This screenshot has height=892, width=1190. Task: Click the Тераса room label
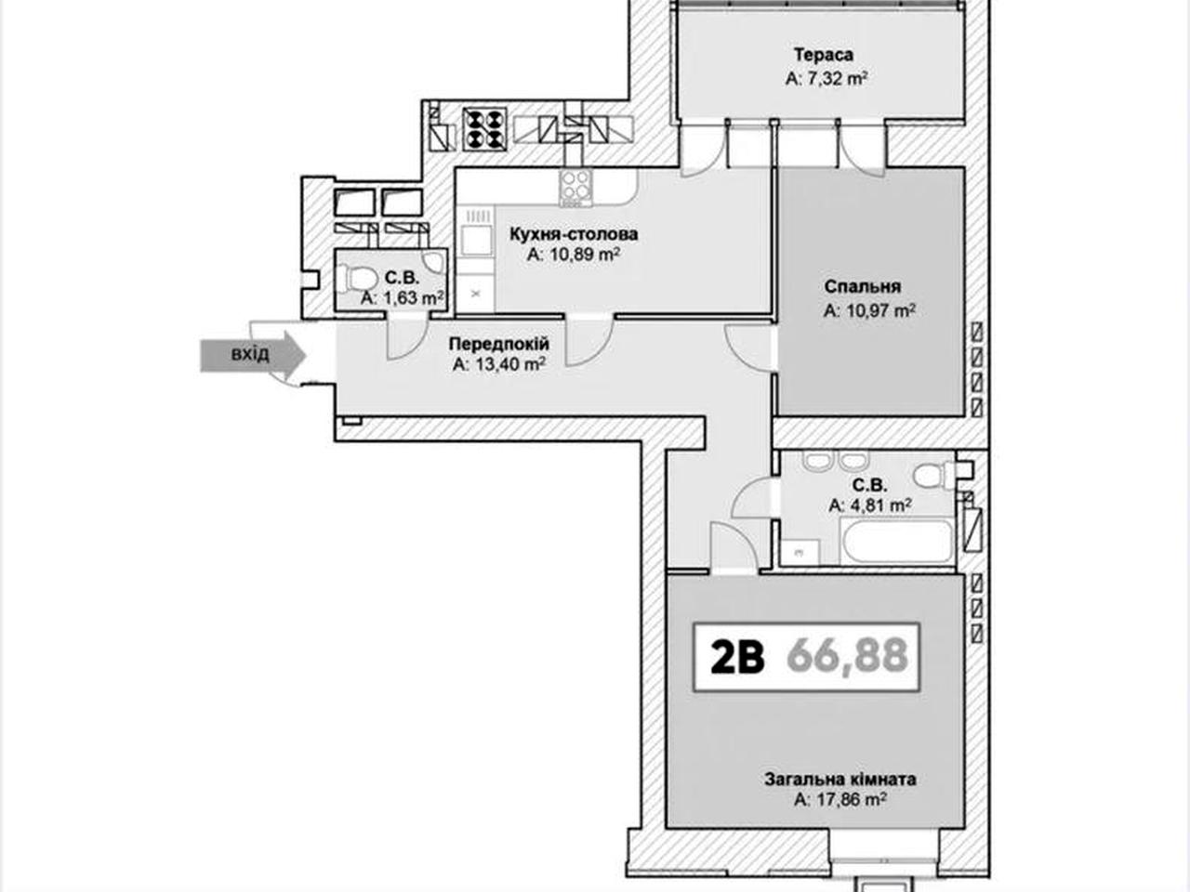[x=824, y=55]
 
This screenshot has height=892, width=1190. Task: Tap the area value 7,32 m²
[x=826, y=79]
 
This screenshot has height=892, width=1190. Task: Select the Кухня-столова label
[x=574, y=234]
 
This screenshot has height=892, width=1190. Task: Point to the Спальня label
[x=863, y=286]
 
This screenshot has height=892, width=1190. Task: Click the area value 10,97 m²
[x=869, y=311]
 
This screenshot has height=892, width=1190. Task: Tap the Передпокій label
[x=498, y=344]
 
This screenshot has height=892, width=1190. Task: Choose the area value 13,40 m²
[x=498, y=364]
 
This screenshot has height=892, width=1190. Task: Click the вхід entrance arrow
[x=253, y=355]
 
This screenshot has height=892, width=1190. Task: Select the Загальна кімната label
[x=840, y=780]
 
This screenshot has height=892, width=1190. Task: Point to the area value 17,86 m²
[x=840, y=799]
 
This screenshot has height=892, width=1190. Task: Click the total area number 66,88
[x=848, y=656]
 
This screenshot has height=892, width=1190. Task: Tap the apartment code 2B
[x=738, y=656]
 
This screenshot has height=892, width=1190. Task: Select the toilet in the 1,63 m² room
[x=357, y=280]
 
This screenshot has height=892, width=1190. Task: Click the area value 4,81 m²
[x=869, y=505]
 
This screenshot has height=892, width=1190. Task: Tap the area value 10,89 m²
[x=574, y=254]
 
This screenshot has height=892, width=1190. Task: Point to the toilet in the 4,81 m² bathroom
[x=934, y=475]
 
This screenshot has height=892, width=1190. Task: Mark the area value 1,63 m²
[x=403, y=298]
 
